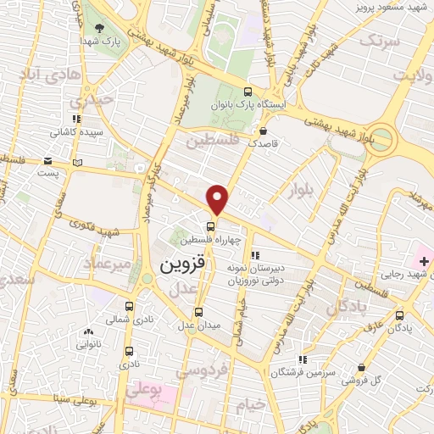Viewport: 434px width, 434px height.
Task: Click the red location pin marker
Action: [x=218, y=198]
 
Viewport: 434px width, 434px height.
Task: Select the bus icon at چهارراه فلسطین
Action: [x=211, y=226]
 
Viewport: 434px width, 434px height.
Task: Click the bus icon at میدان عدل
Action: [x=199, y=311]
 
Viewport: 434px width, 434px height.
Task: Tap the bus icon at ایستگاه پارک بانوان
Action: [x=247, y=92]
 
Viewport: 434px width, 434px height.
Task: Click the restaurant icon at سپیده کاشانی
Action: [x=77, y=120]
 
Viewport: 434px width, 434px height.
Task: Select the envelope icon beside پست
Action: [x=47, y=160]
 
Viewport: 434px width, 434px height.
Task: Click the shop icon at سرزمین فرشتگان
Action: [x=303, y=359]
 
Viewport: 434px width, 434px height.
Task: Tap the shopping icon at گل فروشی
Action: [x=362, y=368]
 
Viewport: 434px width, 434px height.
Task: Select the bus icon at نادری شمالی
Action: [x=129, y=307]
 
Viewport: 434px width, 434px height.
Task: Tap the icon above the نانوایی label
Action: [x=88, y=331]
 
